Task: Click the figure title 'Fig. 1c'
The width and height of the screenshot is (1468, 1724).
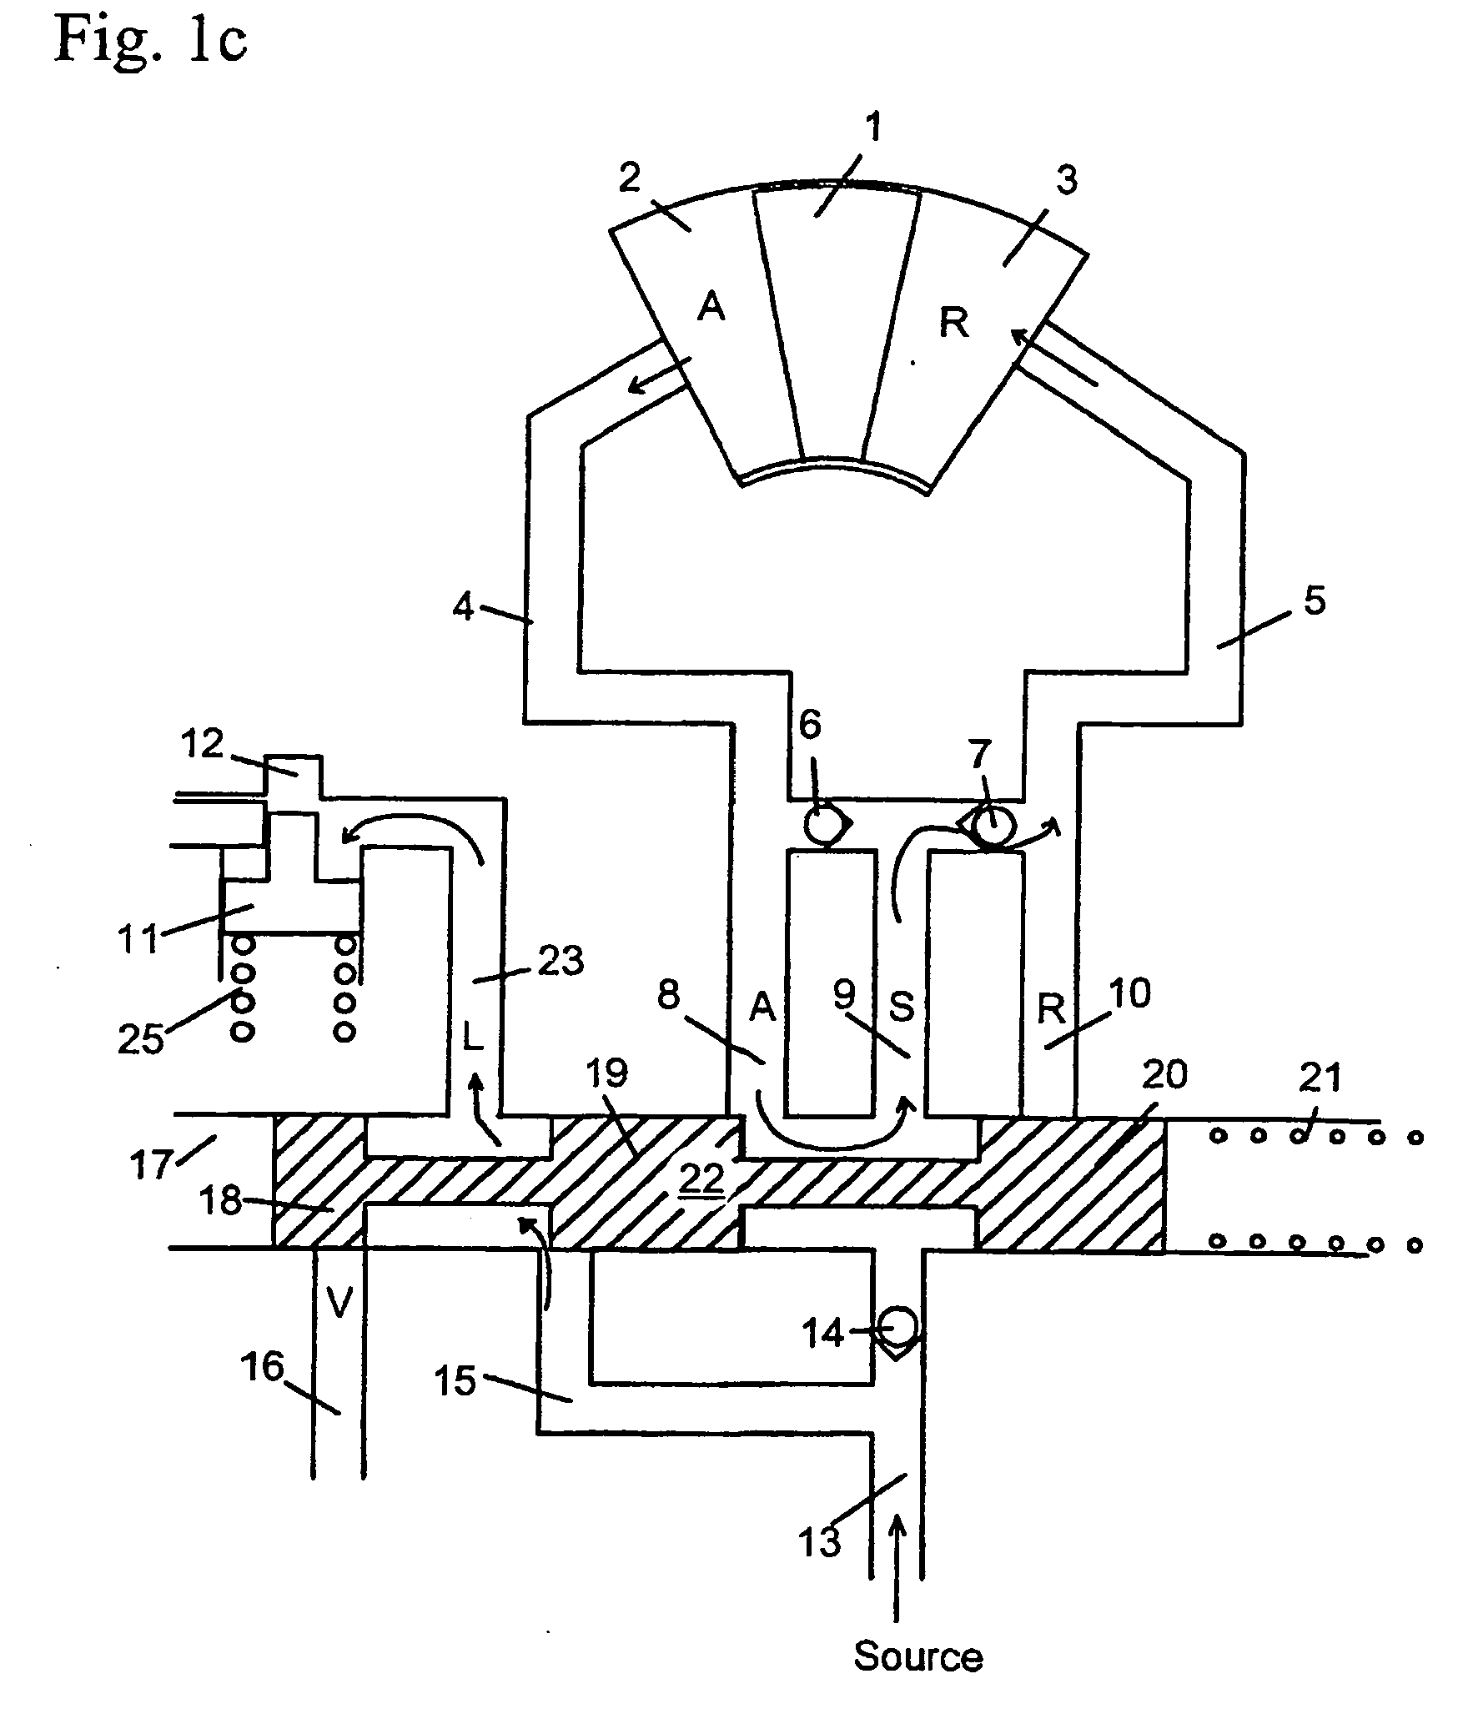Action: (x=151, y=41)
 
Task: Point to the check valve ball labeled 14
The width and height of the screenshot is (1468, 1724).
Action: (x=899, y=1324)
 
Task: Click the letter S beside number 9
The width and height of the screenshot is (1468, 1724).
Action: (x=902, y=1008)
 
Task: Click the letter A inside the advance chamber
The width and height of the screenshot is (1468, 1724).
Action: (x=711, y=309)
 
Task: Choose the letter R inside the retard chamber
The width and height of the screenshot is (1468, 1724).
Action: (x=953, y=324)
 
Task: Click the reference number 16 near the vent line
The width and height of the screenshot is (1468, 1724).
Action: (x=263, y=1368)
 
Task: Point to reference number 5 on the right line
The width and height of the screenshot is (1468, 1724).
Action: (x=1314, y=601)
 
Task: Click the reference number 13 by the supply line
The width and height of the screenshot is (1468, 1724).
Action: (x=820, y=1542)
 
